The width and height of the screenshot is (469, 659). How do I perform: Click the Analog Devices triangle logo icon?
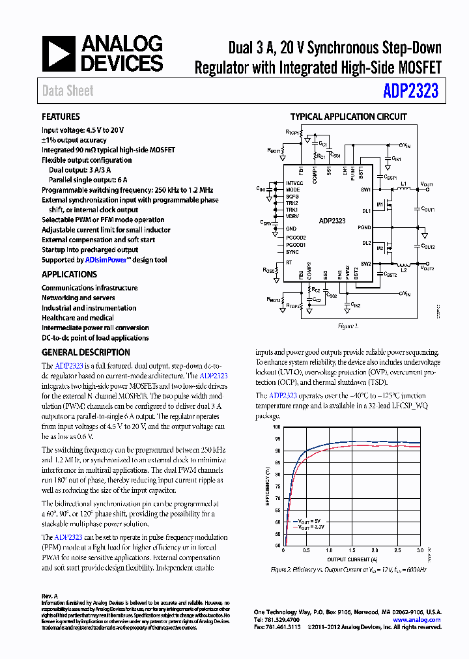[59, 53]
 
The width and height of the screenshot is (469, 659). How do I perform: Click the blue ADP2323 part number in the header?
[411, 91]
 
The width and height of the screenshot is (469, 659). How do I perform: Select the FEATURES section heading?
[61, 117]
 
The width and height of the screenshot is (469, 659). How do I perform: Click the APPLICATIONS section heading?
[69, 275]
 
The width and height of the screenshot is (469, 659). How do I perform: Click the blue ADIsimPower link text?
[108, 260]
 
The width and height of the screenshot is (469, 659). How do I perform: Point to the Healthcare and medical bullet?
[78, 318]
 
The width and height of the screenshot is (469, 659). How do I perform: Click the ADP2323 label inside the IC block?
[333, 221]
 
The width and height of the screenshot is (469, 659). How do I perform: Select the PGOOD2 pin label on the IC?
[296, 238]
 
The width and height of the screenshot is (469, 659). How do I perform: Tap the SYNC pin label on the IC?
[292, 251]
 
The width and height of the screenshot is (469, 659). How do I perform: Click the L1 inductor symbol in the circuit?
[403, 191]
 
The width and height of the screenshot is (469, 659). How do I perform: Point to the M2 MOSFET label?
[380, 248]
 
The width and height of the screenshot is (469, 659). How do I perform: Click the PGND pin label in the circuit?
[364, 227]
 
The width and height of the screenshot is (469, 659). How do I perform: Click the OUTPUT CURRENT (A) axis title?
[352, 559]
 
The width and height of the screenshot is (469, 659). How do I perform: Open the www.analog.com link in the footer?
[417, 620]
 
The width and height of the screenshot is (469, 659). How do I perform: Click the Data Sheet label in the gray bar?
[68, 91]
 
